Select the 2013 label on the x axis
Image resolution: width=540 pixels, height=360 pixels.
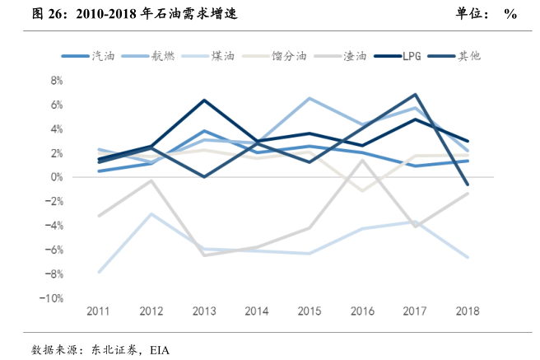point(203,311)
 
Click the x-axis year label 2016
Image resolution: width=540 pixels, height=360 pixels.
point(363,311)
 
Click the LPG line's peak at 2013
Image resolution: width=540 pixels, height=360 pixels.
point(203,101)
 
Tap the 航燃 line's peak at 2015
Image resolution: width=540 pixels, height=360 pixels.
point(310,98)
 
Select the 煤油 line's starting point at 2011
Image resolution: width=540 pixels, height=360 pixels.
point(98,271)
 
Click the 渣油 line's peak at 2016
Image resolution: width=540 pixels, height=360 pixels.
point(363,160)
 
